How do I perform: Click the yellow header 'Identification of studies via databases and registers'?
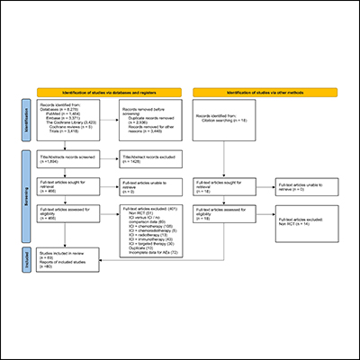112,93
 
